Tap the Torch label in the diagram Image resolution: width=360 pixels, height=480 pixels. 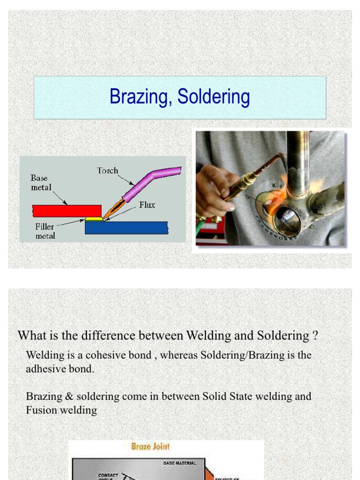point(107,171)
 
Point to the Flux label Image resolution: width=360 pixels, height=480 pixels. point(147,205)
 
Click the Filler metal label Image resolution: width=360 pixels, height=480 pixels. point(45,231)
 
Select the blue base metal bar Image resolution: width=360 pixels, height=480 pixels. point(127,228)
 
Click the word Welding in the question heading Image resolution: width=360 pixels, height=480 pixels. point(206,336)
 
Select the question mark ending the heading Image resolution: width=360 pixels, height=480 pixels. point(315,336)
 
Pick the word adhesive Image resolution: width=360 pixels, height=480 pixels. point(46,369)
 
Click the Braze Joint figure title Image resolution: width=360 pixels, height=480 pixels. point(150,447)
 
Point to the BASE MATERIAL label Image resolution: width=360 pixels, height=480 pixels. point(180,463)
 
